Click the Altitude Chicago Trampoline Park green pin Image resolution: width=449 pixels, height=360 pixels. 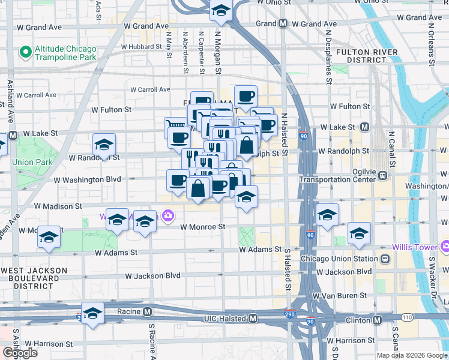point(25,53)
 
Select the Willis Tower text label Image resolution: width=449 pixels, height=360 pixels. point(416,247)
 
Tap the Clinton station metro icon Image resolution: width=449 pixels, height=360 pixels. point(376,320)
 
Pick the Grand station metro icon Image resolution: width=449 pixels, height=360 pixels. point(282,24)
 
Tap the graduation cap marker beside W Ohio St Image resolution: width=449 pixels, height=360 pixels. point(221,10)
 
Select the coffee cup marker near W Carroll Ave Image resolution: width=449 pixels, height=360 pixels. point(245,96)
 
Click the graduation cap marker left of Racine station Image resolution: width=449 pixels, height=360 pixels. point(93,313)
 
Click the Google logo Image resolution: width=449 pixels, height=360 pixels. point(20,353)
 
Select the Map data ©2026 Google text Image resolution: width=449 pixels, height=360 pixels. point(412,355)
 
